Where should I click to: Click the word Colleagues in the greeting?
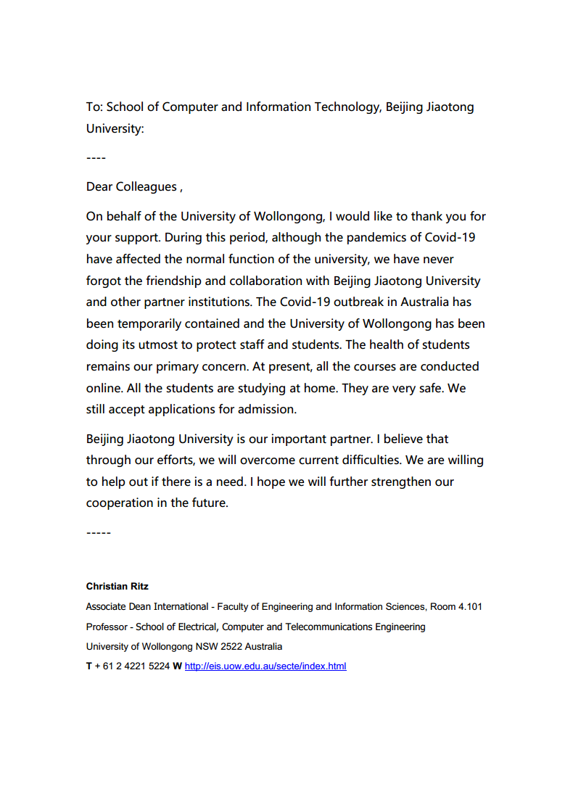pos(142,187)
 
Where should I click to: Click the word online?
pos(104,388)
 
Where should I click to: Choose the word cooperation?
pos(119,503)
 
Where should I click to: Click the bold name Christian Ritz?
pos(117,586)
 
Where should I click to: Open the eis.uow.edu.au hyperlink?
pos(265,666)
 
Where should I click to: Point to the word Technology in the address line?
pos(346,107)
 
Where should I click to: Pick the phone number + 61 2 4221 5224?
pos(131,666)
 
